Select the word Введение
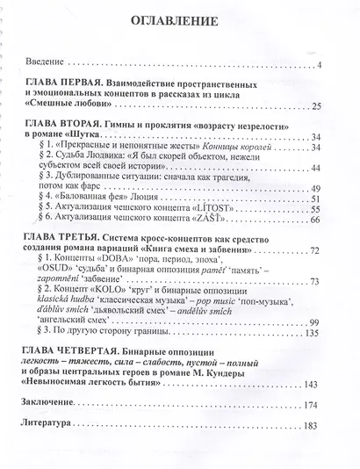(45, 63)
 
